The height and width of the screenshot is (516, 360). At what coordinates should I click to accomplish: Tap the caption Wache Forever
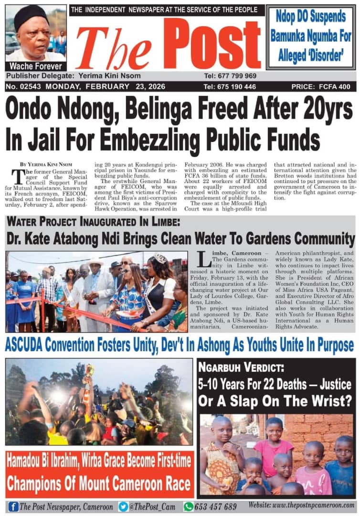coord(35,66)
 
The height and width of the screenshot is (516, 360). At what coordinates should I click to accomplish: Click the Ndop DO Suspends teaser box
coord(310,36)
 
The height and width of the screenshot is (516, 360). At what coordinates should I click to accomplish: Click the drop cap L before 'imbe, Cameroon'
coord(204,259)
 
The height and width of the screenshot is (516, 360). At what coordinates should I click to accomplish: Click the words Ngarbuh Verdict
coord(234,369)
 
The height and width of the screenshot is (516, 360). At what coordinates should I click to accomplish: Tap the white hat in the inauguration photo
coord(96,262)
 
